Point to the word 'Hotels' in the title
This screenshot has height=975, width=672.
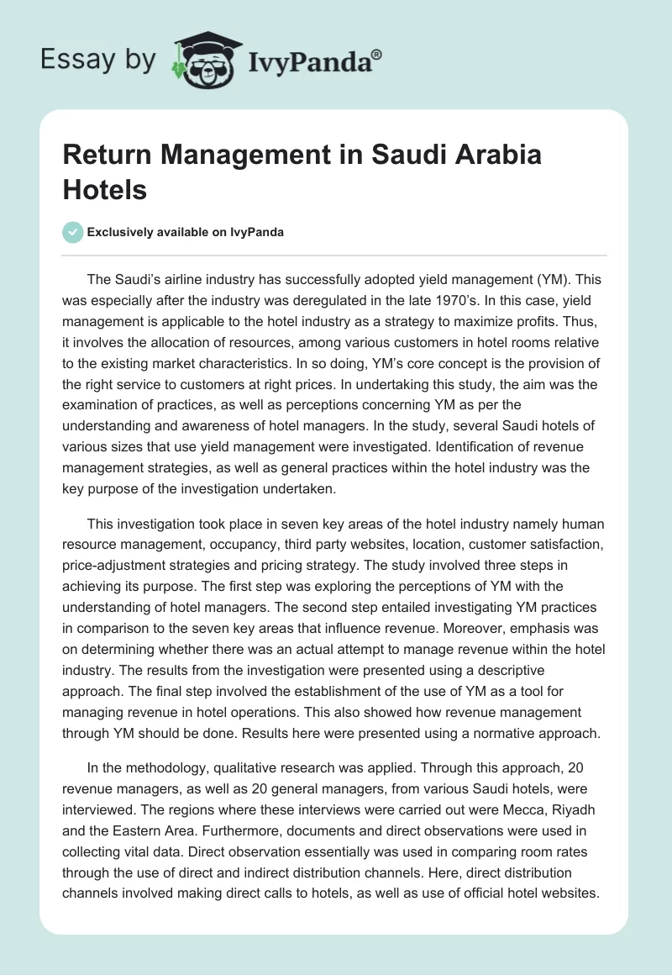tap(104, 189)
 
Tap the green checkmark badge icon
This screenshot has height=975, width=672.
tap(72, 232)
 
